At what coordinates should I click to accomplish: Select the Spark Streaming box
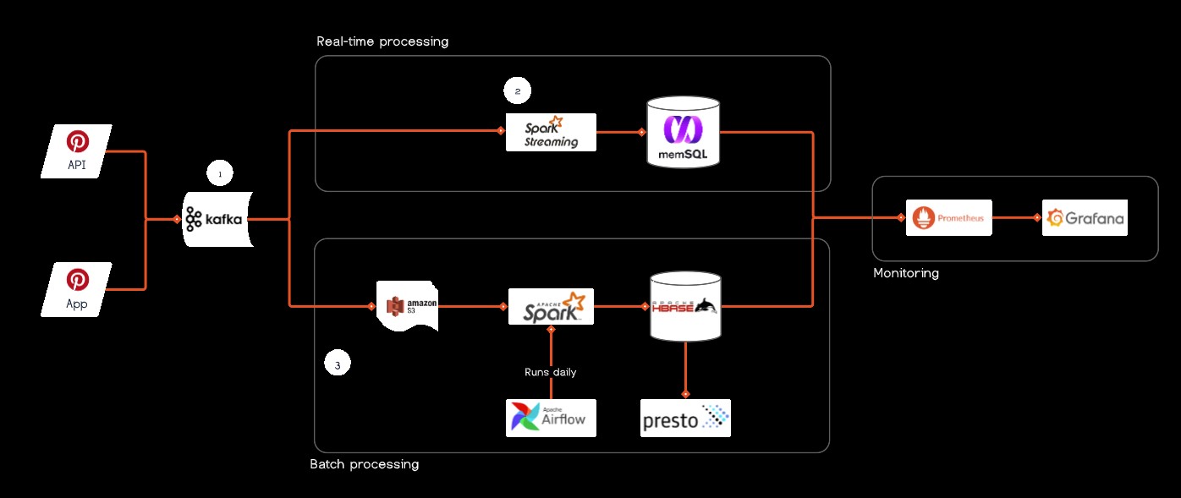[551, 132]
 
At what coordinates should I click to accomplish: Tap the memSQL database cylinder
[684, 132]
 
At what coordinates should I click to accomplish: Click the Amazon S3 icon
[407, 306]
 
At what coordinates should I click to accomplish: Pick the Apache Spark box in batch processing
[551, 307]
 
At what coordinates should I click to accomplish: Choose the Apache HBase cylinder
[684, 307]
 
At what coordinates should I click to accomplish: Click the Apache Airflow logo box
[551, 418]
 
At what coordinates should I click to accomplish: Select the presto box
[685, 418]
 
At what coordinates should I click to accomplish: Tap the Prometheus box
[948, 218]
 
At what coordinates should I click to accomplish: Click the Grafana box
[1085, 218]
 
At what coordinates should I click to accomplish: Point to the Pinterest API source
[77, 151]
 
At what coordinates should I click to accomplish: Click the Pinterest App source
[77, 289]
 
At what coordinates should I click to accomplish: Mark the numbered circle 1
[220, 174]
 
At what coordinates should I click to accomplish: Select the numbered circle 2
[517, 90]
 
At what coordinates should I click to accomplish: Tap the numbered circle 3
[338, 364]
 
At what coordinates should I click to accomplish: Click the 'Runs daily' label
[551, 372]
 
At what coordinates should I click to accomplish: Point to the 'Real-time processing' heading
[382, 41]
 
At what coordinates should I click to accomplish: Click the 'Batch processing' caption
[365, 464]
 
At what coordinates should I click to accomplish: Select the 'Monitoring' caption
[906, 273]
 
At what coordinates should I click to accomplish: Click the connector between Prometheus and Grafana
[1015, 218]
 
